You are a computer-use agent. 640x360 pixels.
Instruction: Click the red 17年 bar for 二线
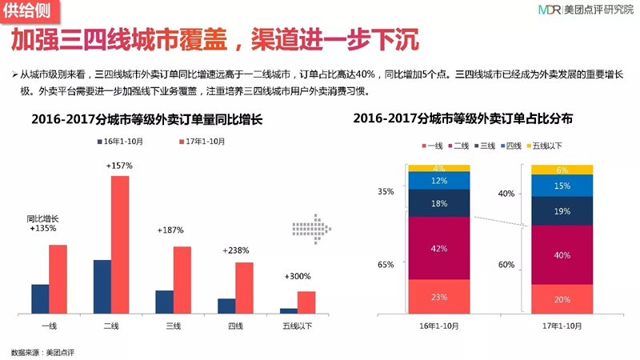point(120,245)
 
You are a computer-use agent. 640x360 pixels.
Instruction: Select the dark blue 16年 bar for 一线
point(40,299)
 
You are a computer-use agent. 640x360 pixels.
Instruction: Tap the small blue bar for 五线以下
point(289,311)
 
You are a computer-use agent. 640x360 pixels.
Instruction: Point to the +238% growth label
point(235,250)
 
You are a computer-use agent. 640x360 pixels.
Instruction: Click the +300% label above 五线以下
point(298,276)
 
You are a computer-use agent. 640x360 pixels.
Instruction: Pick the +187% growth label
point(170,230)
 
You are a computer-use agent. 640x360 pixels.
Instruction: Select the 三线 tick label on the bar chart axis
point(173,326)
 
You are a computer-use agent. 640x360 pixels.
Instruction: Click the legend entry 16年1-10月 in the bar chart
point(121,142)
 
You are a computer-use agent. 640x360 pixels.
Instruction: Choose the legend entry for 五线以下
point(545,146)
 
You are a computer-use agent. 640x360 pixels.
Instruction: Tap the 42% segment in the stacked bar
point(439,248)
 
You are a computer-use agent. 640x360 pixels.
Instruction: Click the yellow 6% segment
point(562,170)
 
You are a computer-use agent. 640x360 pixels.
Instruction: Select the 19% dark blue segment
point(562,211)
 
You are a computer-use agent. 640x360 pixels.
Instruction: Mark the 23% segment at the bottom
point(439,297)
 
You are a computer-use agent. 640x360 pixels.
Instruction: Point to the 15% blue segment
point(562,186)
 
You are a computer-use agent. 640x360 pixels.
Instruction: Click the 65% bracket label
point(386,265)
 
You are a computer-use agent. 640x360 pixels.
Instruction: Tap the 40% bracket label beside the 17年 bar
point(506,194)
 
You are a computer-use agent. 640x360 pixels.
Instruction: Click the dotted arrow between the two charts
point(311,229)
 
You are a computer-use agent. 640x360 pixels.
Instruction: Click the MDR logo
point(550,10)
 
